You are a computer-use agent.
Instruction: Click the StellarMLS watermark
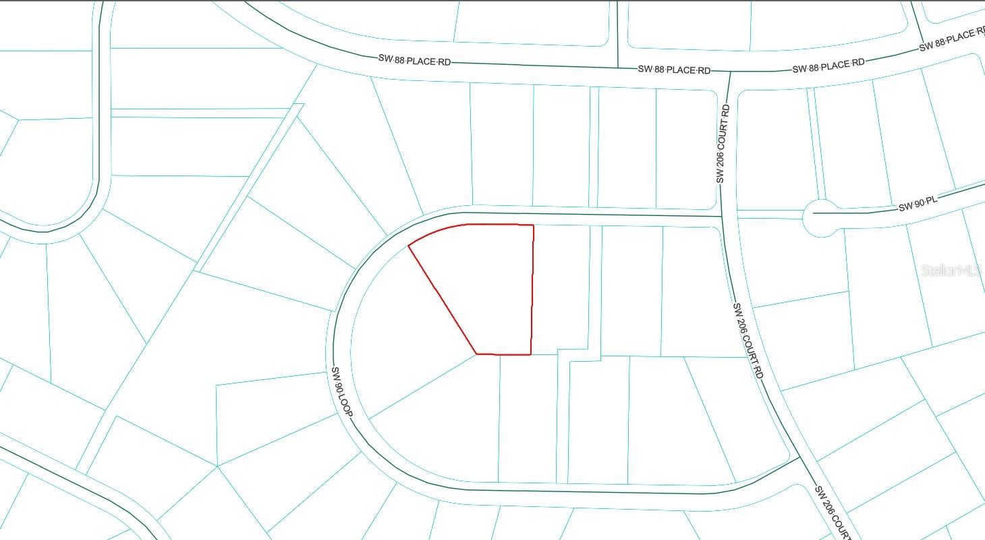click(x=951, y=271)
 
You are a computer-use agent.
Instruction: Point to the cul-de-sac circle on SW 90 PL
click(x=817, y=218)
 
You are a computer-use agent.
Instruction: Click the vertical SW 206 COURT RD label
click(x=722, y=143)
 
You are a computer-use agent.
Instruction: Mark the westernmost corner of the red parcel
click(x=409, y=246)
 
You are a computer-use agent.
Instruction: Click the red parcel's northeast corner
click(x=534, y=225)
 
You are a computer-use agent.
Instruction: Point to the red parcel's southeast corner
click(x=531, y=354)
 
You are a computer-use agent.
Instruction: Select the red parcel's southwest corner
click(x=477, y=353)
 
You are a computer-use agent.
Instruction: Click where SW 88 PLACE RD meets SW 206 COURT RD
click(x=729, y=70)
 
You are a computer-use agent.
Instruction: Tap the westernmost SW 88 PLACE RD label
click(x=414, y=61)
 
